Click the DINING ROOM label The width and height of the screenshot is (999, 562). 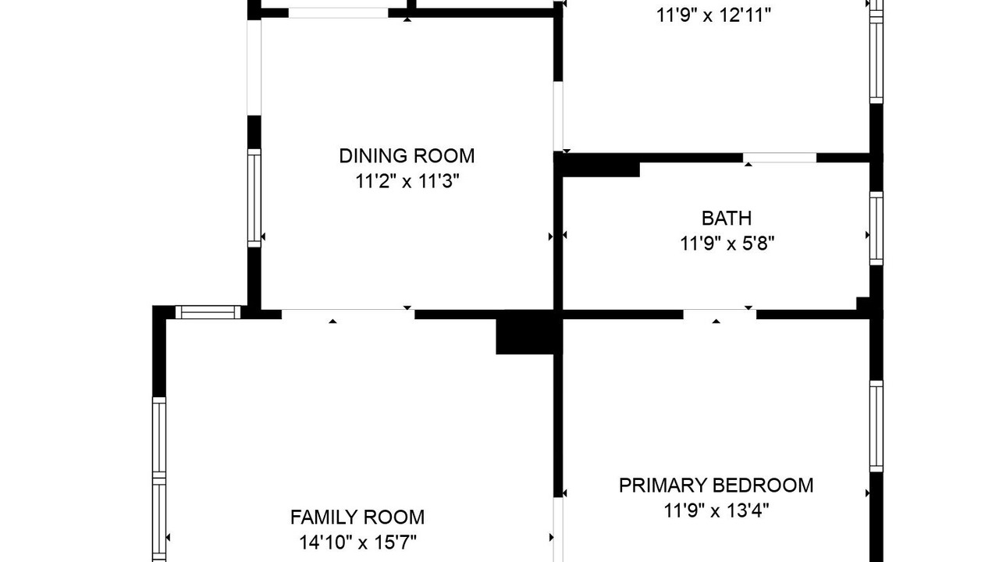407,156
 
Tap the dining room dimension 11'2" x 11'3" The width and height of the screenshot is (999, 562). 407,182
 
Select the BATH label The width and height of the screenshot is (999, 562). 727,219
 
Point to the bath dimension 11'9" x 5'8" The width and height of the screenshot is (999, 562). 727,244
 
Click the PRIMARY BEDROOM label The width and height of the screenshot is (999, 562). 716,486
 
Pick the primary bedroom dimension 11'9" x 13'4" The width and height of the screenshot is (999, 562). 716,510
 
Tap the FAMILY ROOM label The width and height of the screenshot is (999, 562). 357,518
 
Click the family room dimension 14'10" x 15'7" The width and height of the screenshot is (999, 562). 357,542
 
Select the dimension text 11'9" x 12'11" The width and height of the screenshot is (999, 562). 713,16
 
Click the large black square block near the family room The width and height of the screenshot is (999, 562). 525,333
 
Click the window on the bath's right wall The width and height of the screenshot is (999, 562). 876,229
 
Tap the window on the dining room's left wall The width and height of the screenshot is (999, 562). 254,197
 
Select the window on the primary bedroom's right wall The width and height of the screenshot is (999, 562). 876,426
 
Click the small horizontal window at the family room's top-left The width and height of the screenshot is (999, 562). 208,312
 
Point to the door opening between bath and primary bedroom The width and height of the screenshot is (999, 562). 720,315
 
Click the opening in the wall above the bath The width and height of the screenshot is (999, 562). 780,158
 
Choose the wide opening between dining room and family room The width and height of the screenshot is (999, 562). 348,315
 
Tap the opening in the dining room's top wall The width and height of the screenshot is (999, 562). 339,13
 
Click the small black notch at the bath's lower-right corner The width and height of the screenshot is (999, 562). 863,304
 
